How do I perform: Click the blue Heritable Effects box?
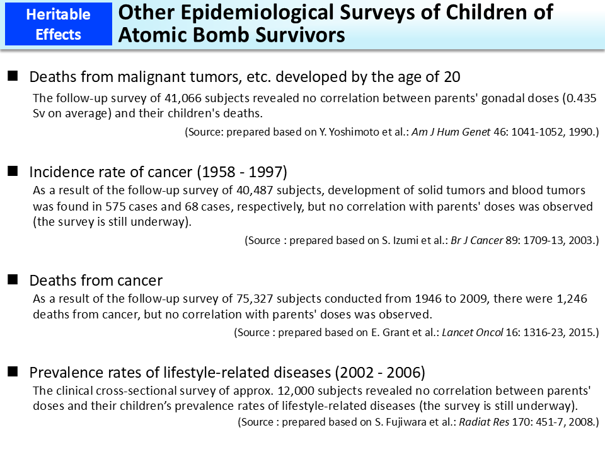[58, 25]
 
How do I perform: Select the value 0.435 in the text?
[580, 99]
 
